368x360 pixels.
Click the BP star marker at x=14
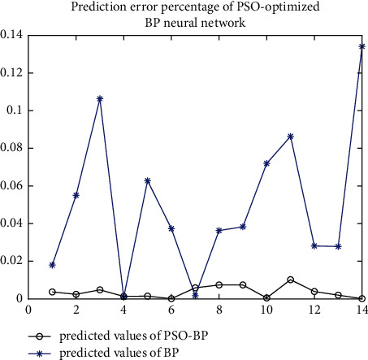362,46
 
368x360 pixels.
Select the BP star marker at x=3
100,99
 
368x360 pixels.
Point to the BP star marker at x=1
53,265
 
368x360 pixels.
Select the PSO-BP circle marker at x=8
219,284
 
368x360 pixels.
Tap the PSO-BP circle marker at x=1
53,292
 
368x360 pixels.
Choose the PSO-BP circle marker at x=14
362,298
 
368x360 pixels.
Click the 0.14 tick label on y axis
12,35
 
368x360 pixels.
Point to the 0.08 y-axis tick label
12,148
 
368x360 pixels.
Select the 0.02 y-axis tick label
12,261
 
